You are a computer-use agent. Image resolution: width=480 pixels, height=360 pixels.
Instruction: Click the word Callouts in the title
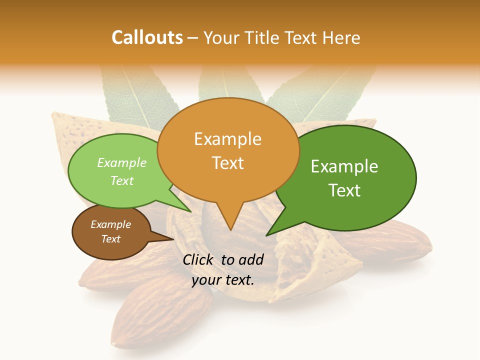[147, 37]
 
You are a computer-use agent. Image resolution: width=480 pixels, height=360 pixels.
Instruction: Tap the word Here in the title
[341, 37]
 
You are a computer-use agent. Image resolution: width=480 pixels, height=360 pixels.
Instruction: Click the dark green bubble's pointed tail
[268, 234]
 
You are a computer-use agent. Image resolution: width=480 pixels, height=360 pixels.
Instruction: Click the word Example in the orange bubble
[227, 139]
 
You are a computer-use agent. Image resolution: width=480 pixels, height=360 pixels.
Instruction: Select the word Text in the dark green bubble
[344, 190]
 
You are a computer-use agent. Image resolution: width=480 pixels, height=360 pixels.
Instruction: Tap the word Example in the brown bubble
[110, 224]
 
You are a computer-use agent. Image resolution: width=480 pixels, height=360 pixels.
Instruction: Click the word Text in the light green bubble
[122, 180]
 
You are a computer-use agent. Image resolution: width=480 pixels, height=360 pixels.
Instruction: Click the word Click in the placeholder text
[198, 259]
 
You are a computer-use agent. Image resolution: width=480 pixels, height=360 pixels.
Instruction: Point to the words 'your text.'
[223, 280]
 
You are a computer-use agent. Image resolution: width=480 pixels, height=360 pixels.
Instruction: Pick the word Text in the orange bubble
[227, 163]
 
